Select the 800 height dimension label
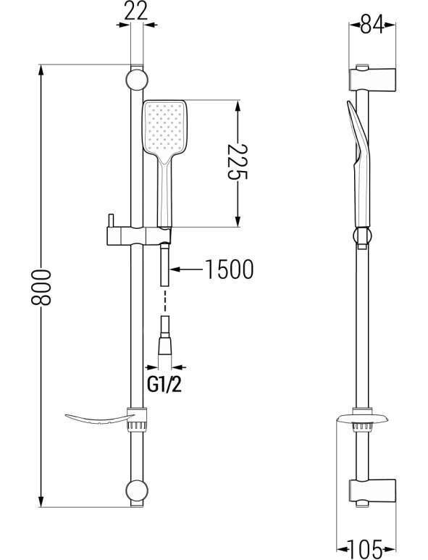tap(41, 287)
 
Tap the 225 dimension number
tap(238, 162)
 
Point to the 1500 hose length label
tap(229, 269)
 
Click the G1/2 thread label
tap(164, 385)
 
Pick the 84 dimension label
tap(372, 25)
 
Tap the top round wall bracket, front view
tap(137, 80)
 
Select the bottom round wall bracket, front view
tap(137, 490)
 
